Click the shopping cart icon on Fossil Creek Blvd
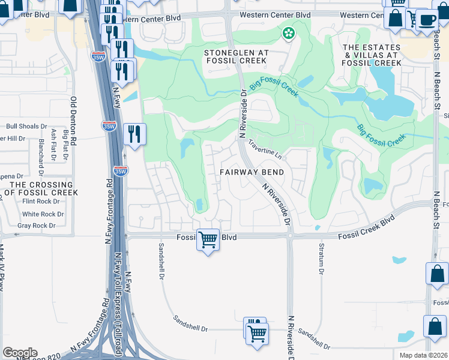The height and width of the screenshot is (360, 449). (208, 240)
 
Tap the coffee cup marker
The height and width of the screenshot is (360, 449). (427, 20)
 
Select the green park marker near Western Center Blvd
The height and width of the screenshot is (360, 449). (289, 33)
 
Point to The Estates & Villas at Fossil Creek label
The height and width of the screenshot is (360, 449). (371, 55)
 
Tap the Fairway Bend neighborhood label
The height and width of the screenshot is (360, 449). (251, 172)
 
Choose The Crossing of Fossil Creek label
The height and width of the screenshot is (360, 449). (40, 188)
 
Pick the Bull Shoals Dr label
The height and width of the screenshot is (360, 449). (26, 127)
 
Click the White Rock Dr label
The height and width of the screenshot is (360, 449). (39, 214)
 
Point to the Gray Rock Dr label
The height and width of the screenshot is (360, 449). (36, 226)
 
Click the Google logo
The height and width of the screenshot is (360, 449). (20, 353)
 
